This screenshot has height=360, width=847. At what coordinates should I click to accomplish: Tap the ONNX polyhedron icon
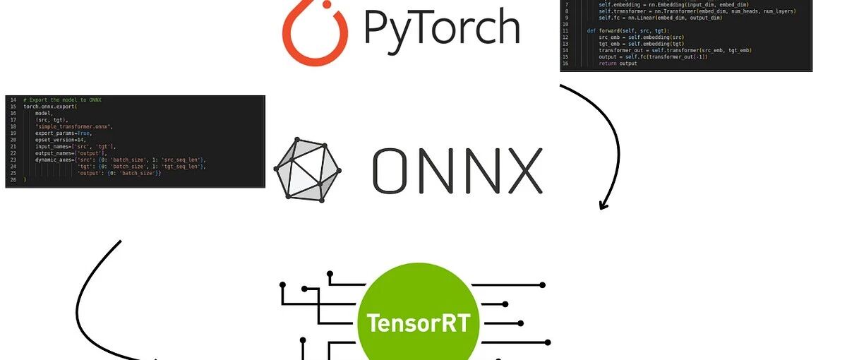[307, 170]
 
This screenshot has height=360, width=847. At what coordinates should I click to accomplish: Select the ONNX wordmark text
[457, 171]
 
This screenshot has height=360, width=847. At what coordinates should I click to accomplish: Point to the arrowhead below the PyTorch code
[603, 205]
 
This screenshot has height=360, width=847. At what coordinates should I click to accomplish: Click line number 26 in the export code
[13, 180]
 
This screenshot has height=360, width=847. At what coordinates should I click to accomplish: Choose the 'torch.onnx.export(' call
[50, 107]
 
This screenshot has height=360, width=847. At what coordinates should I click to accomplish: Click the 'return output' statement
[618, 64]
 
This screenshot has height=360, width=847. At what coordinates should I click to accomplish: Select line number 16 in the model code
[566, 64]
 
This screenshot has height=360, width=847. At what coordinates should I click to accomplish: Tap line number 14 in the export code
[13, 100]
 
